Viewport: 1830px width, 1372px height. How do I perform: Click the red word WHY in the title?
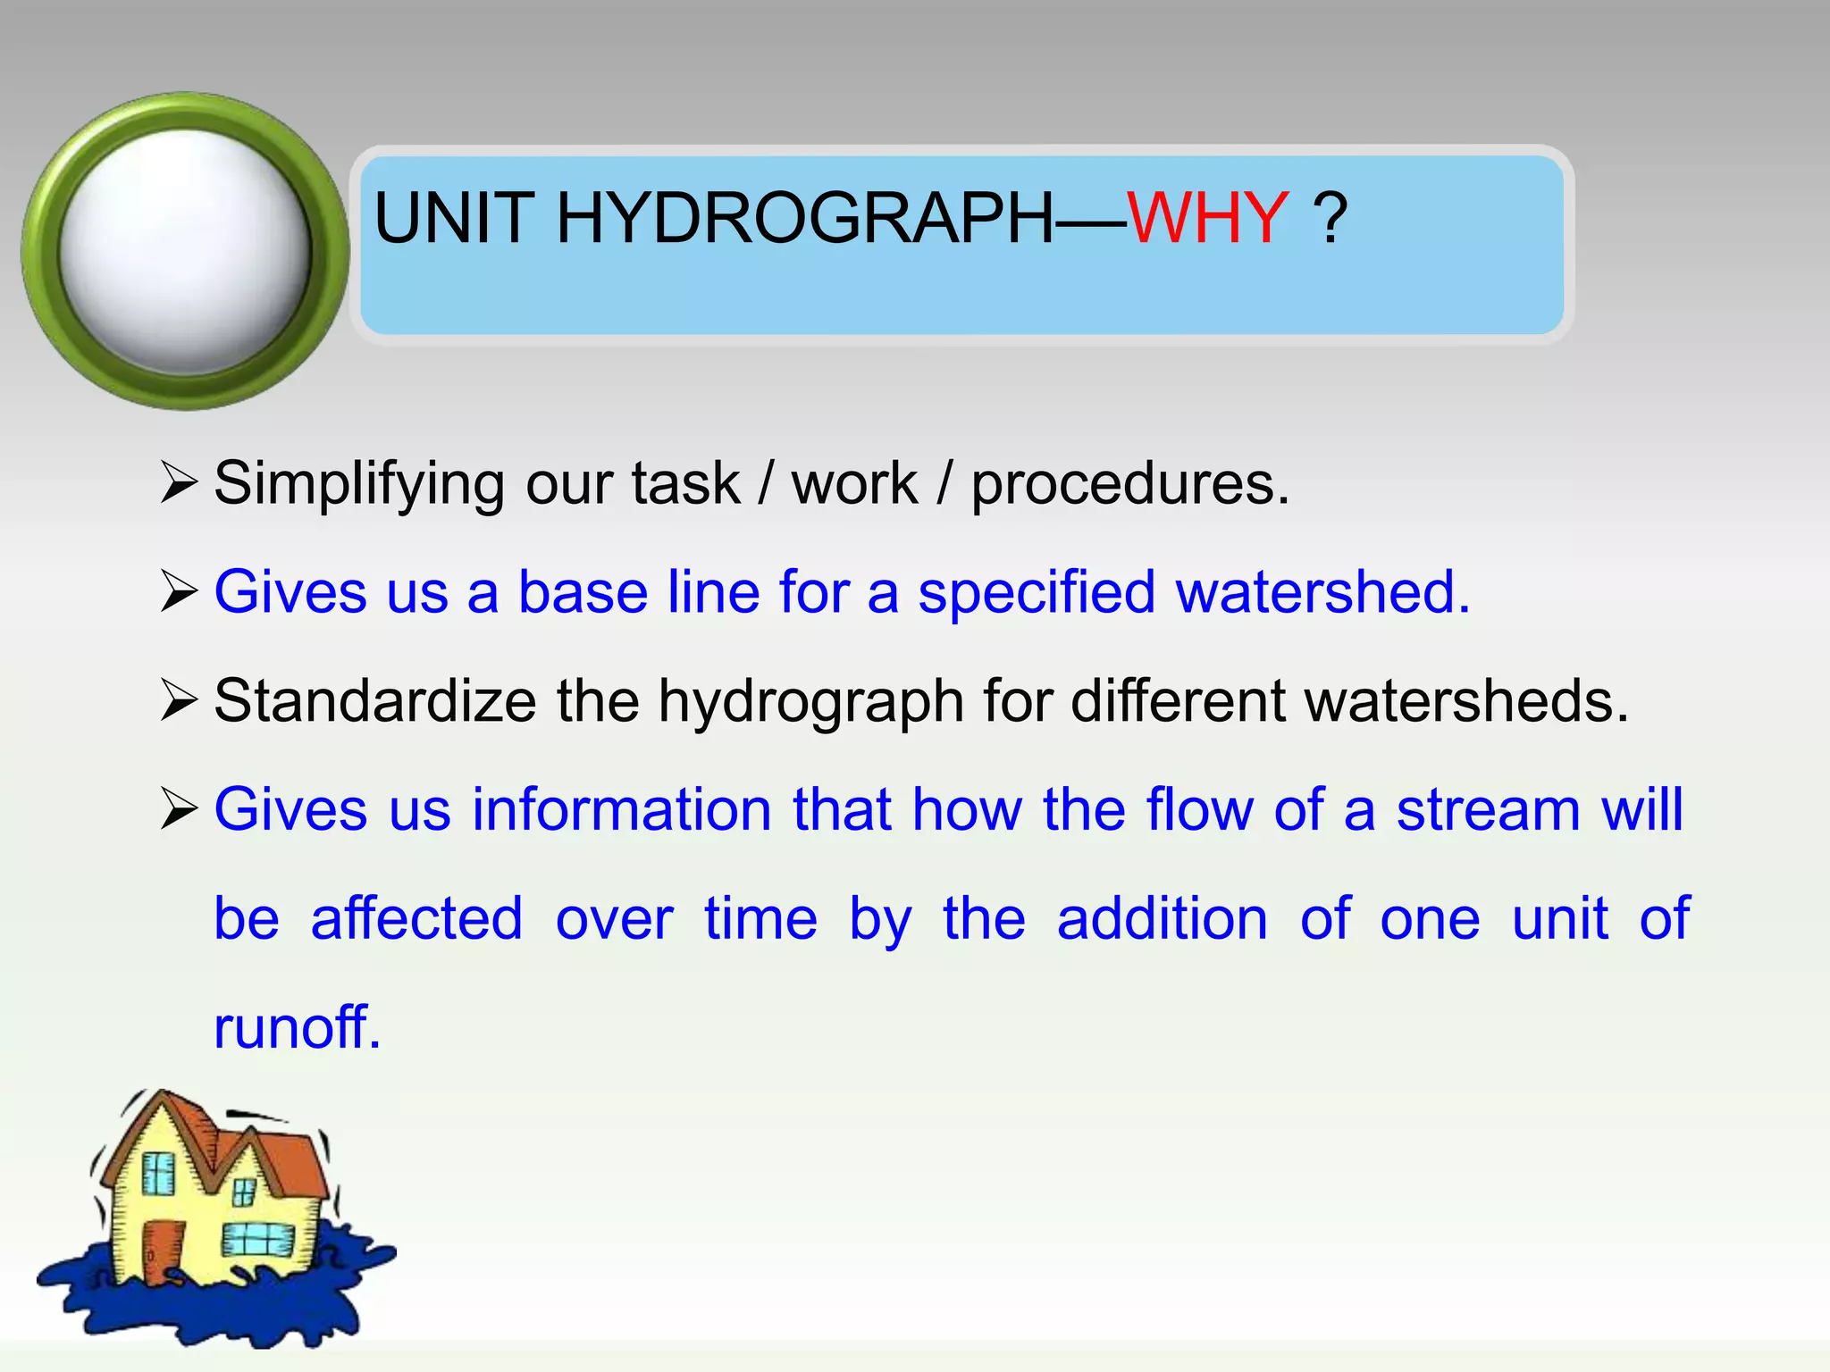click(x=1206, y=218)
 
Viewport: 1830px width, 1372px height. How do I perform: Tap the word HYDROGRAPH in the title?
click(x=804, y=218)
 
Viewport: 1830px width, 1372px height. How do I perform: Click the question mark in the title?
click(x=1330, y=218)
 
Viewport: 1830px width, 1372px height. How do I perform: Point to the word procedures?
click(x=1129, y=484)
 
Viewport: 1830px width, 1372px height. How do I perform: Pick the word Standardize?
click(x=374, y=700)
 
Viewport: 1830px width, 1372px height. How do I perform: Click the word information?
click(x=621, y=809)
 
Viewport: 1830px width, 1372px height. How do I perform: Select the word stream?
click(x=1488, y=809)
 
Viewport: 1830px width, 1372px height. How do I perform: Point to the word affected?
click(x=416, y=918)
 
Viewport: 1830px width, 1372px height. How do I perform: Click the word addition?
click(x=1162, y=918)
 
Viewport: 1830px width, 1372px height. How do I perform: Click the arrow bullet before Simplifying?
click(x=179, y=482)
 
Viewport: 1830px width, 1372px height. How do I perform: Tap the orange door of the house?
click(x=162, y=1251)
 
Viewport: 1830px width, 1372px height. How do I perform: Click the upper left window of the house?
click(x=159, y=1173)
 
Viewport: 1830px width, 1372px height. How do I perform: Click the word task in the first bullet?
click(x=685, y=484)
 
